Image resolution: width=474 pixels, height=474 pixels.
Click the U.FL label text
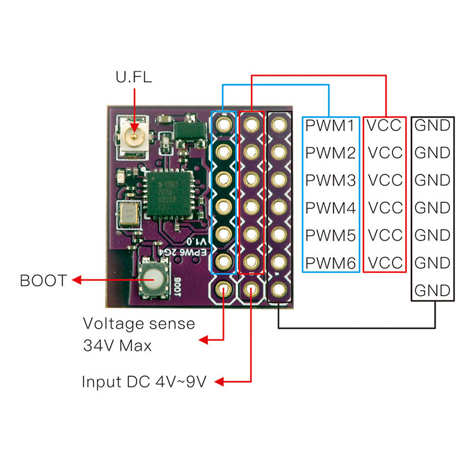coord(133,78)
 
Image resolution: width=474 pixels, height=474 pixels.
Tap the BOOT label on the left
coord(44,281)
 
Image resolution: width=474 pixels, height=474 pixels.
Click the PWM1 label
coord(331,126)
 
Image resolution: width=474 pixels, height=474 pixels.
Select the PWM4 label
coord(331,207)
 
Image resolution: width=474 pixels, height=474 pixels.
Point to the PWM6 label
coord(331,262)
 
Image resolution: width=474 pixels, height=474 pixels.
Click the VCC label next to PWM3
coord(385,180)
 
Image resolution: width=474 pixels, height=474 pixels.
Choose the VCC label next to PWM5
coord(385,235)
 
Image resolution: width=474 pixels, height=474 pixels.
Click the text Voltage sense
coord(139,324)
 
